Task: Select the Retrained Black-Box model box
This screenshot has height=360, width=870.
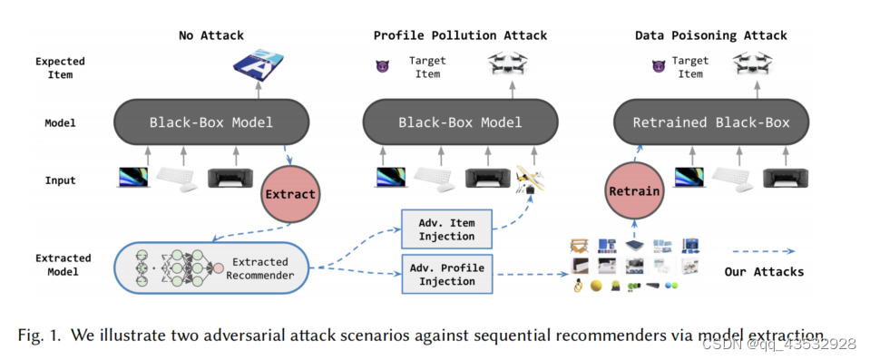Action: coord(710,122)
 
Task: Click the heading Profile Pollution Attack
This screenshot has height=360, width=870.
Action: coord(460,35)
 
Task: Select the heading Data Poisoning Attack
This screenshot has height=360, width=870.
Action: coord(710,35)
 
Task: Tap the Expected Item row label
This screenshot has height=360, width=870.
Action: coord(60,68)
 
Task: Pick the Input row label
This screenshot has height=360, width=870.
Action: coord(60,180)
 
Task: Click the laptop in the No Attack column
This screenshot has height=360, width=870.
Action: coord(133,178)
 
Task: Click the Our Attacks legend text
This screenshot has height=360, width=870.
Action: coord(763,271)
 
